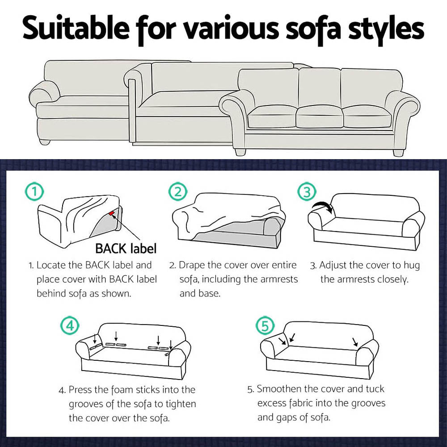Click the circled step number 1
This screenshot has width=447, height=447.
pyautogui.click(x=34, y=192)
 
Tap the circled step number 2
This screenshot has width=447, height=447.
pyautogui.click(x=177, y=192)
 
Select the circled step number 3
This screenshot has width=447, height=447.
pyautogui.click(x=307, y=193)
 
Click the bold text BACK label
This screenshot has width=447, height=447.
pyautogui.click(x=126, y=248)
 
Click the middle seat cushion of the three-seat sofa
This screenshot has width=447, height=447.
pyautogui.click(x=319, y=116)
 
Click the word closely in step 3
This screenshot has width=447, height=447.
pyautogui.click(x=392, y=280)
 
